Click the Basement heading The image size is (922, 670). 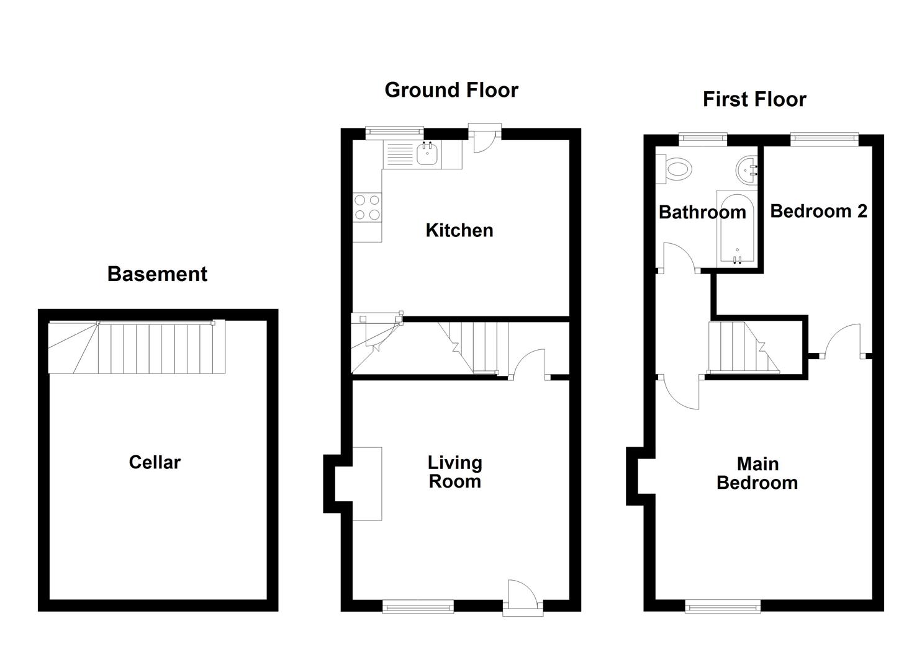click(157, 274)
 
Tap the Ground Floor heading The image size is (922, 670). click(451, 91)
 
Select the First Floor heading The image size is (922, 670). click(754, 100)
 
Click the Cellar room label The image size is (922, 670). click(155, 462)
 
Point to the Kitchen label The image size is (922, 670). click(459, 230)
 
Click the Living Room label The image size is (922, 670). click(455, 472)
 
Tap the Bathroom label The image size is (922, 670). click(702, 212)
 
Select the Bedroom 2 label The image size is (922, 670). click(818, 211)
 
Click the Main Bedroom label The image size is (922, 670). click(757, 473)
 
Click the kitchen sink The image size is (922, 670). click(427, 154)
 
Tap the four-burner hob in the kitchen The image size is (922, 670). click(367, 208)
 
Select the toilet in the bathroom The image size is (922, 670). click(674, 169)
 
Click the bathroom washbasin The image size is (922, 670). click(747, 167)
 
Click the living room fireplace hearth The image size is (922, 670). click(367, 483)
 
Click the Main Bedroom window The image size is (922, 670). click(722, 606)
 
